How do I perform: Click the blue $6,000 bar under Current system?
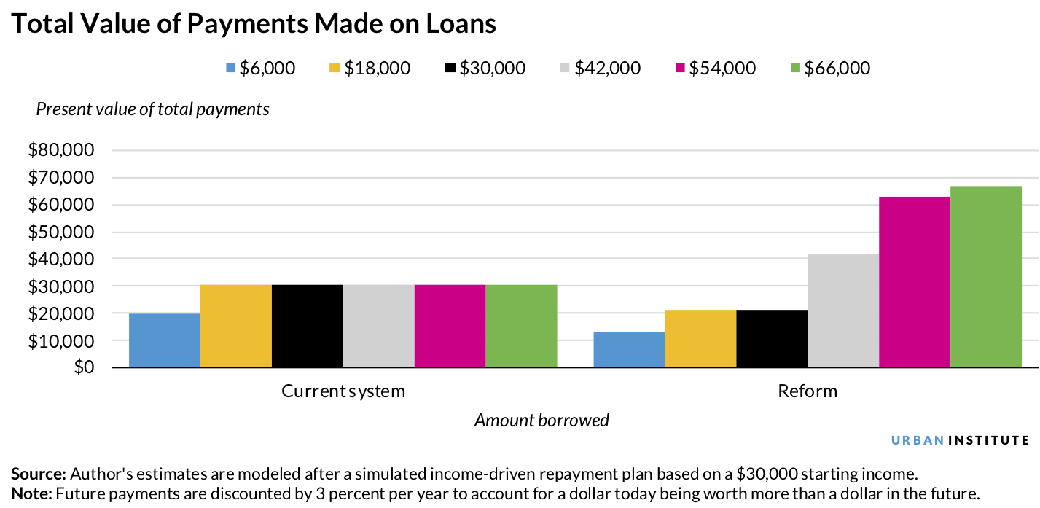(x=165, y=340)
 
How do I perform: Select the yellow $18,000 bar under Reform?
(x=700, y=339)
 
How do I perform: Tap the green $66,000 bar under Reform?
(x=986, y=277)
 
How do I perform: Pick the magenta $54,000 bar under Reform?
(x=915, y=282)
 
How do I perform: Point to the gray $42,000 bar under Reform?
(x=843, y=311)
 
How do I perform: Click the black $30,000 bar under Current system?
(x=308, y=326)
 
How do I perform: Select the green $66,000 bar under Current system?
(x=522, y=326)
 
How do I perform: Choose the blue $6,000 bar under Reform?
(x=629, y=350)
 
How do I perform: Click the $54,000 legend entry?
(x=716, y=68)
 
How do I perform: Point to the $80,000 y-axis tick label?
(x=62, y=151)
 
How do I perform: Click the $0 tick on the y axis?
(x=84, y=367)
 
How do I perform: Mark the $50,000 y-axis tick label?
(x=62, y=232)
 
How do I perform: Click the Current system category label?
(x=343, y=391)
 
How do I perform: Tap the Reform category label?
(x=808, y=391)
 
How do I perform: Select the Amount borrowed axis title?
(x=541, y=421)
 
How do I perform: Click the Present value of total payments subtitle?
(x=152, y=109)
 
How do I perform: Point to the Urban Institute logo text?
(x=961, y=440)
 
